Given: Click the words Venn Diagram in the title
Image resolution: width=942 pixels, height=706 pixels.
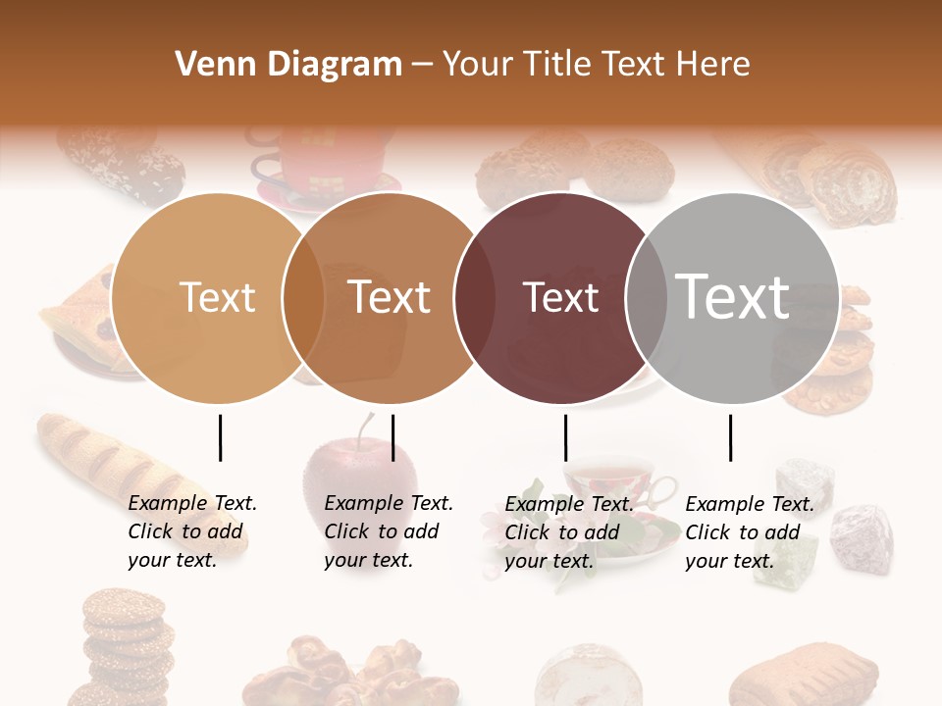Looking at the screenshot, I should (x=288, y=65).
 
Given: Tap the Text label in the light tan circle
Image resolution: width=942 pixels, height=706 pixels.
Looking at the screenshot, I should (x=217, y=297).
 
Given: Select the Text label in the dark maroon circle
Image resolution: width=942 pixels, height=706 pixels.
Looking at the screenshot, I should (x=560, y=297).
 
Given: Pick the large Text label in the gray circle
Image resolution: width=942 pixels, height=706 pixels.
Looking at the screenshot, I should (x=733, y=296).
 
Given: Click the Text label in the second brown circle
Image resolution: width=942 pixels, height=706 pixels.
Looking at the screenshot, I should (x=390, y=297).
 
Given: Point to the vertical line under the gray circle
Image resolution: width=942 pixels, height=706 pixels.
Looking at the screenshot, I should (x=730, y=437).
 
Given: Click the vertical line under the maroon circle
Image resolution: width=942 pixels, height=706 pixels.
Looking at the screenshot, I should (x=565, y=437).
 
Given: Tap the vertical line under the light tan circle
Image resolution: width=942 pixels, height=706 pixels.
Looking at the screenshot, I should (x=220, y=437).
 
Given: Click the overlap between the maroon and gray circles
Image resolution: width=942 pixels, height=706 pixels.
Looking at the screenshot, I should (x=646, y=297).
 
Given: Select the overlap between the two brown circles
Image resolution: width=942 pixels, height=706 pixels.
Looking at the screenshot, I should (x=303, y=297).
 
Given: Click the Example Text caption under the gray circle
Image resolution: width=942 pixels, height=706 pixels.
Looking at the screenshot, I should (x=750, y=532).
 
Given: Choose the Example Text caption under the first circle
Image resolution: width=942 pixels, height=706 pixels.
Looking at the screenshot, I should (x=192, y=531).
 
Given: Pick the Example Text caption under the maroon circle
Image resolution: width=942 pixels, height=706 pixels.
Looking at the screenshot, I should (x=569, y=532).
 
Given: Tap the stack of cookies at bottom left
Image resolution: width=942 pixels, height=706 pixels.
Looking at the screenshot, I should (x=126, y=642).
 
